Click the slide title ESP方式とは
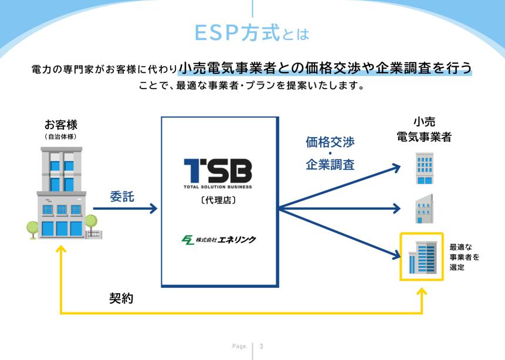click(x=252, y=33)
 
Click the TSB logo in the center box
click(x=218, y=174)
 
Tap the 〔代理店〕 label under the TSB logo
click(x=218, y=201)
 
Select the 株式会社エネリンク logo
click(x=219, y=240)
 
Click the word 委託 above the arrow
click(x=122, y=196)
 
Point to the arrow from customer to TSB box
click(x=125, y=209)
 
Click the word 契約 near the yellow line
click(x=121, y=298)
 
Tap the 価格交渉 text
click(x=330, y=142)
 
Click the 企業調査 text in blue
click(x=330, y=165)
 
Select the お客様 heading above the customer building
click(x=61, y=124)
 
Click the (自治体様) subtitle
click(x=61, y=137)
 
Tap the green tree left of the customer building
click(x=32, y=230)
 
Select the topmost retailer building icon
click(x=425, y=168)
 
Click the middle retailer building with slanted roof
click(x=424, y=209)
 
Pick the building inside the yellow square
click(x=422, y=257)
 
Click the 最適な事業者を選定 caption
click(x=464, y=257)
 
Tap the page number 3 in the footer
click(x=261, y=347)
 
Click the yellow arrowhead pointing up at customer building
click(x=61, y=249)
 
